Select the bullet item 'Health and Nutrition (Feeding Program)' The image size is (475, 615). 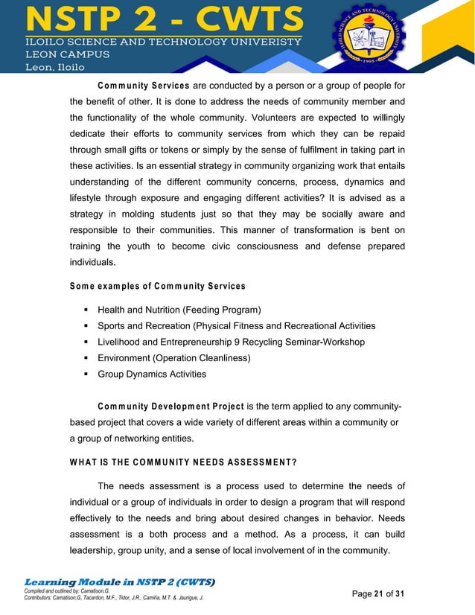tap(179, 310)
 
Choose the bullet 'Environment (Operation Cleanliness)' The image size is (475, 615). tap(173, 358)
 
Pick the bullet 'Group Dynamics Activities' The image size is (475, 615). tap(152, 375)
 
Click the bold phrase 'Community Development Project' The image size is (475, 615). tap(170, 407)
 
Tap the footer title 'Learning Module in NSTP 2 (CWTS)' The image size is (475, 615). tap(120, 581)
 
